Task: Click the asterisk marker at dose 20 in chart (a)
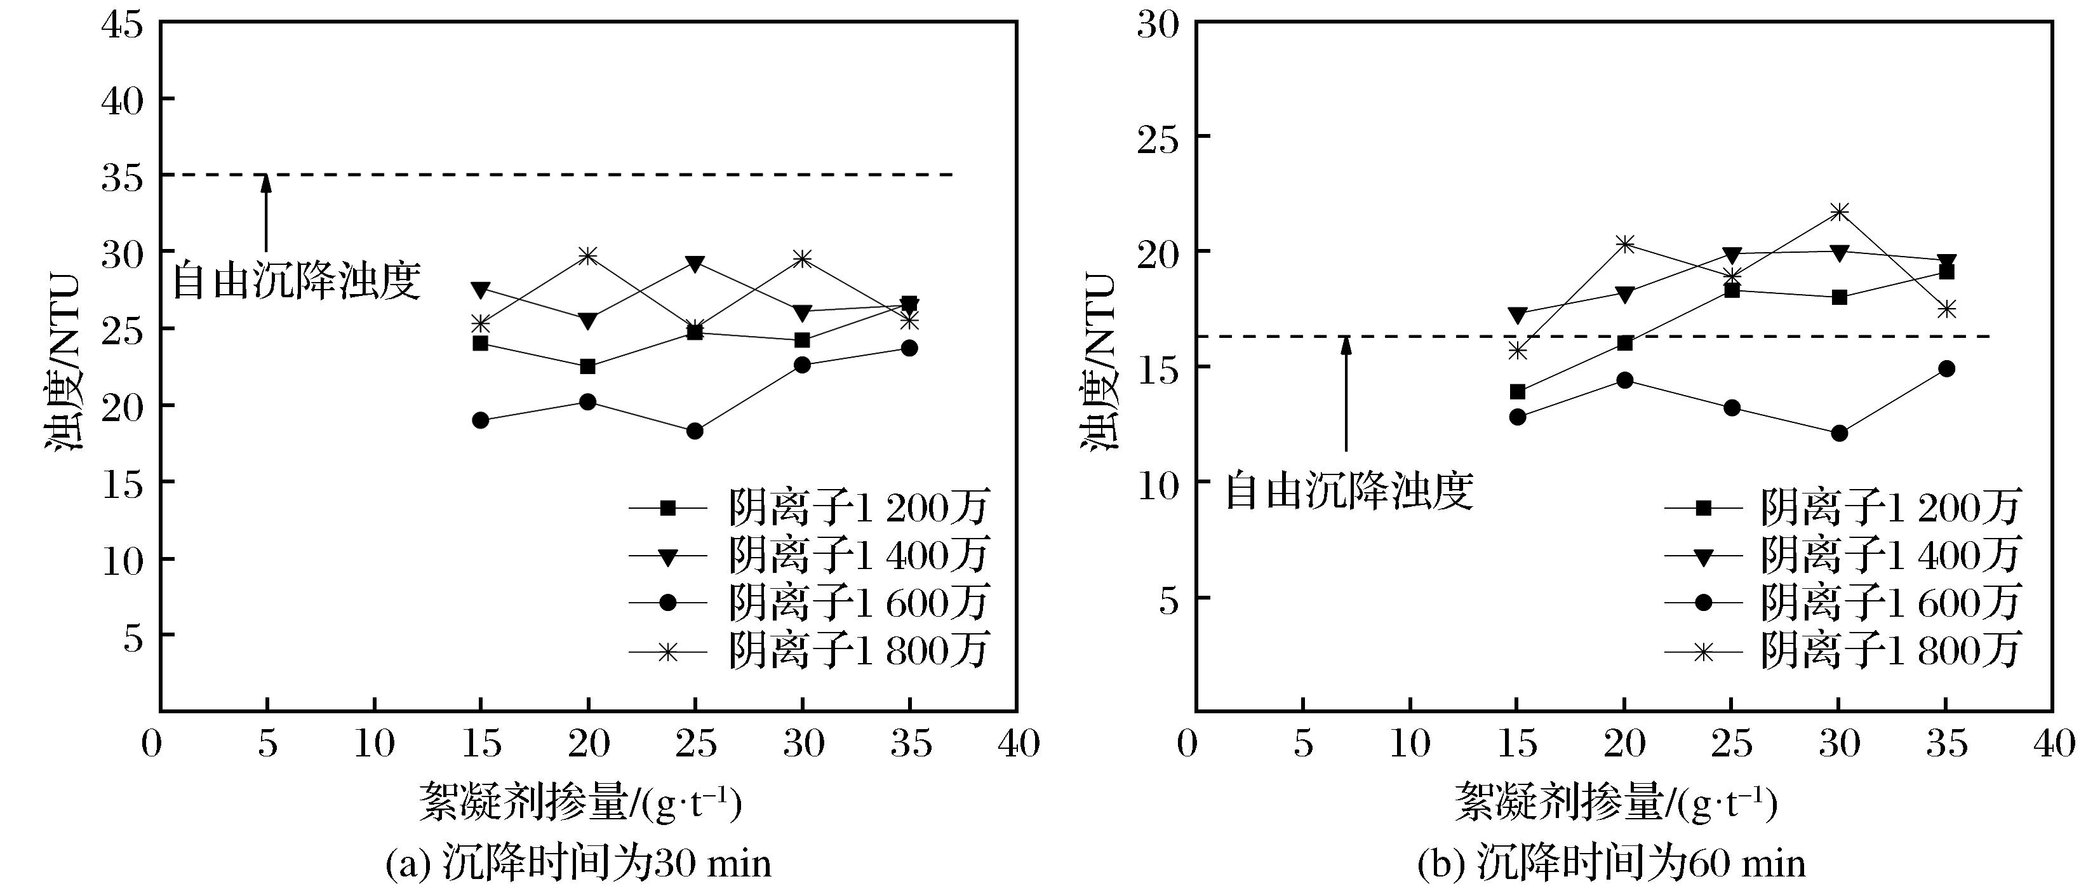588,256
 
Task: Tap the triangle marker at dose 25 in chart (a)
695,264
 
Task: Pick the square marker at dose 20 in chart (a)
588,367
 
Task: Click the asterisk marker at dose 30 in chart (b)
1839,212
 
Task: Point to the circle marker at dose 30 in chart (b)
1839,434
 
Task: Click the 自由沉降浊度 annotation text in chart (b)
1349,492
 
